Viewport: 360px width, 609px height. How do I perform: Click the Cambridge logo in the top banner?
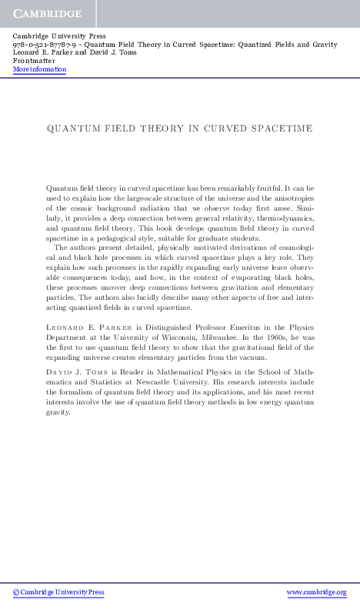[46, 13]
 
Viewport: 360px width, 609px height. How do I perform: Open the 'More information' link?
[39, 70]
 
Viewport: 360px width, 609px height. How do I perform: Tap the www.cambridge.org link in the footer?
[316, 593]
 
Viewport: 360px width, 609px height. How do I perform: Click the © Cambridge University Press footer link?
[58, 593]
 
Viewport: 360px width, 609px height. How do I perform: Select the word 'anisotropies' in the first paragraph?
[292, 198]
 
